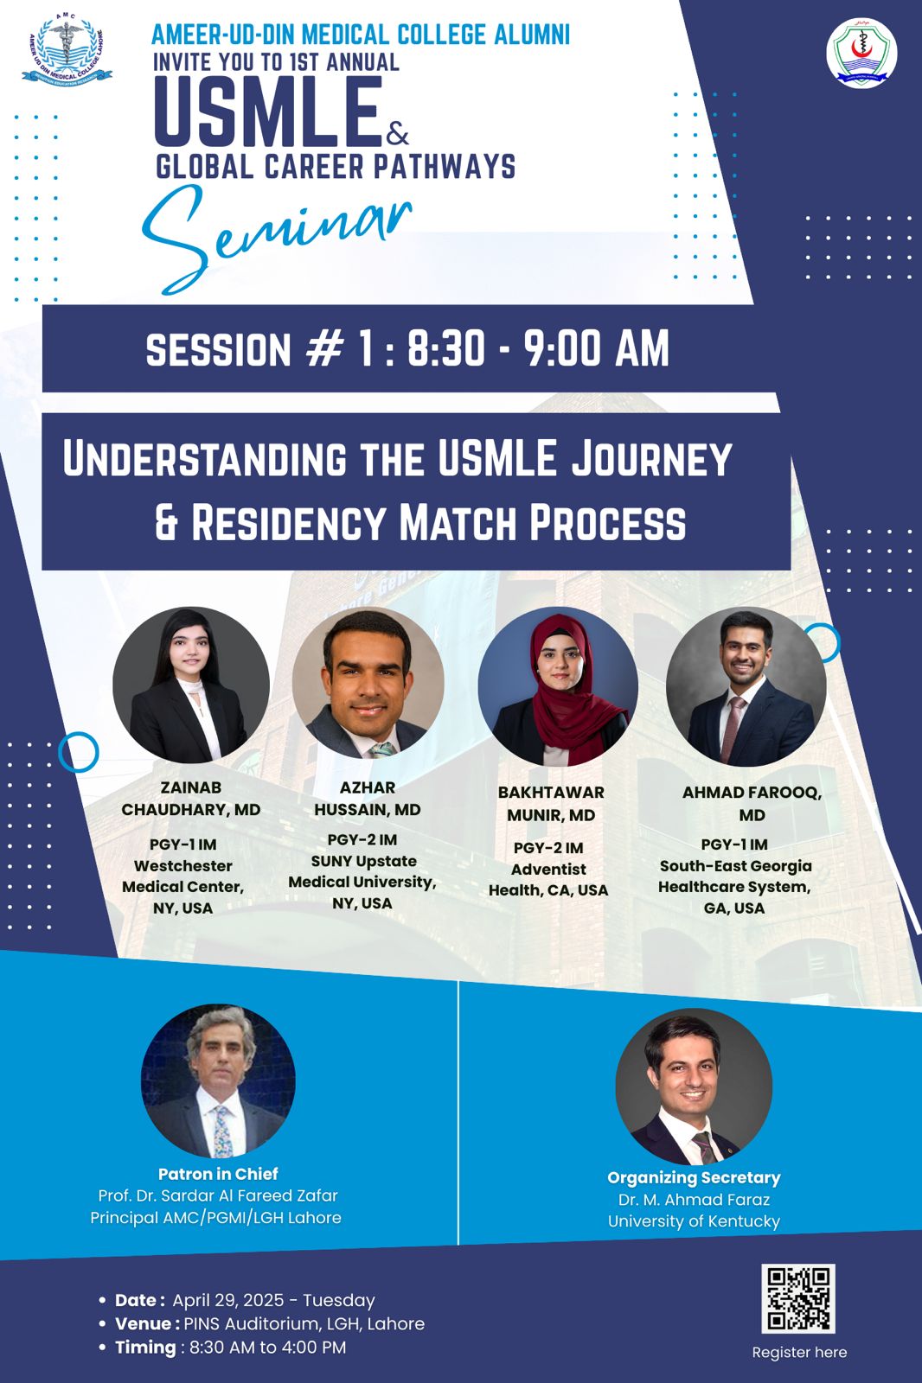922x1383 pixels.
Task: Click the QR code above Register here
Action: [797, 1298]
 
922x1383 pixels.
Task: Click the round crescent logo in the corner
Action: [861, 53]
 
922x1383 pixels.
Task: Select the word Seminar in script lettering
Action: [276, 238]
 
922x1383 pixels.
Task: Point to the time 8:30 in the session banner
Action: [445, 348]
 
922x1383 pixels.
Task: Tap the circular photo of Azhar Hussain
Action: [368, 684]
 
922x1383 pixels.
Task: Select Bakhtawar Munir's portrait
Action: [558, 686]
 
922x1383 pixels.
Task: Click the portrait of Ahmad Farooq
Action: [746, 686]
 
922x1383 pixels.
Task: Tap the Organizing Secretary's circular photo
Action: [694, 1087]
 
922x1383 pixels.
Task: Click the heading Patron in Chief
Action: [218, 1174]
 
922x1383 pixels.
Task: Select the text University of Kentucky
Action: [694, 1221]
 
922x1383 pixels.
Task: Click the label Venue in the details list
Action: [143, 1323]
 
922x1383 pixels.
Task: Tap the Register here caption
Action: [800, 1352]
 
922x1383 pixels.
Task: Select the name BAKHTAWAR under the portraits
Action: [551, 792]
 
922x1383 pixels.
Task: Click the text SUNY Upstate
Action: [364, 861]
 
